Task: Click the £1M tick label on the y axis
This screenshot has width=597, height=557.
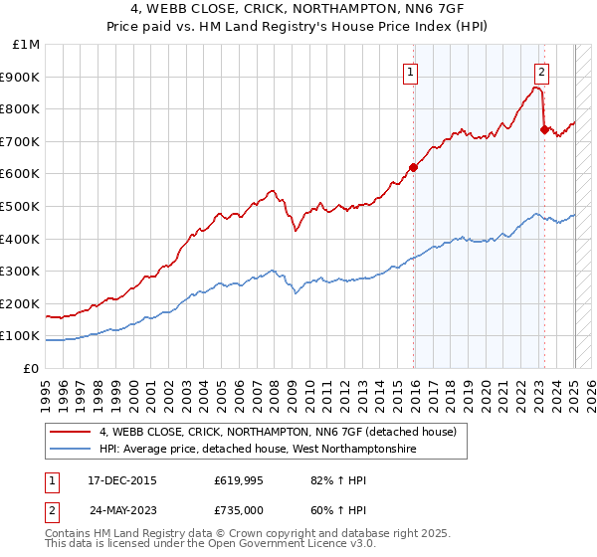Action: [27, 45]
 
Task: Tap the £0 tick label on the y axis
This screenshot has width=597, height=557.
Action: [33, 368]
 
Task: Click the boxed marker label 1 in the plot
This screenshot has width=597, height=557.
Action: [411, 71]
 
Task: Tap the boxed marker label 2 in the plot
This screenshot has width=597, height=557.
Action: [541, 71]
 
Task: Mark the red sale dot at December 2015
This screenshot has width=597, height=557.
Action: [413, 167]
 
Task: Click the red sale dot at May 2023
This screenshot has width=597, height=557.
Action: [543, 129]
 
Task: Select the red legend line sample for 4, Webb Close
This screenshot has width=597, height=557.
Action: [70, 432]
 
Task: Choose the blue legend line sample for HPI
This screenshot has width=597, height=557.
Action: [70, 450]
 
